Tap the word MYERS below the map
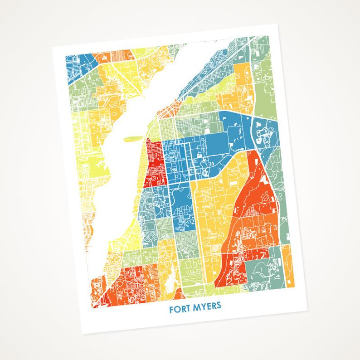coord(205,306)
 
